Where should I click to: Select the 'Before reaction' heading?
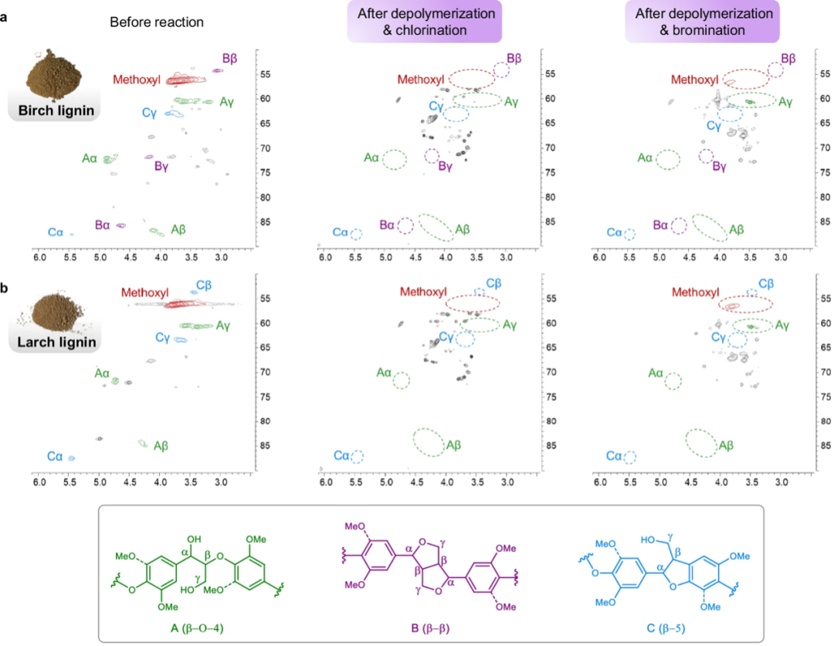[x=157, y=22]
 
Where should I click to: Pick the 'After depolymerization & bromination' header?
[x=703, y=22]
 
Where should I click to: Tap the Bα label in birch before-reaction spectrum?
[x=103, y=226]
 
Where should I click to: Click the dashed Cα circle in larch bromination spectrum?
[x=630, y=457]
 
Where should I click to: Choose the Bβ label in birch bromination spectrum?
[x=788, y=59]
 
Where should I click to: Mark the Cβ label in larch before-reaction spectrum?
[x=204, y=285]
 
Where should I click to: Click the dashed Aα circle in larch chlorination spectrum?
[x=402, y=380]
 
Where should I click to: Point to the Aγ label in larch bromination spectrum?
[x=784, y=325]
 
